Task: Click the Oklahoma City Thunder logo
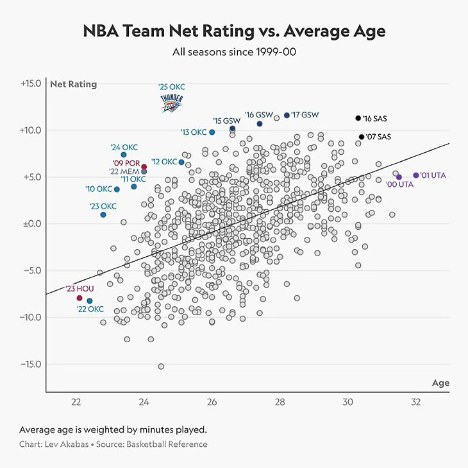click(x=171, y=103)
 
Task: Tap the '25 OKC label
click(x=171, y=87)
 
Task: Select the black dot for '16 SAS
click(x=358, y=118)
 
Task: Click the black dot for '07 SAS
click(x=362, y=137)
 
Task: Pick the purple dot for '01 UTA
click(x=415, y=175)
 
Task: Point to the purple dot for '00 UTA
click(x=399, y=177)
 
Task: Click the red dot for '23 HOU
click(x=79, y=298)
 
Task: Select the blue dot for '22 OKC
click(x=90, y=301)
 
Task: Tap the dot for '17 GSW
click(x=287, y=116)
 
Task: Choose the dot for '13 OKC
click(x=212, y=132)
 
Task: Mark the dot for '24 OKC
click(x=124, y=155)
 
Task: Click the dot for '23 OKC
click(x=103, y=214)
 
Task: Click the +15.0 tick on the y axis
click(x=31, y=83)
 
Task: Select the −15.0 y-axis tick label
click(x=31, y=364)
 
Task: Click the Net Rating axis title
click(x=74, y=84)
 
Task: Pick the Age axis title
click(x=440, y=383)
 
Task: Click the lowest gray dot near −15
click(x=161, y=367)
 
